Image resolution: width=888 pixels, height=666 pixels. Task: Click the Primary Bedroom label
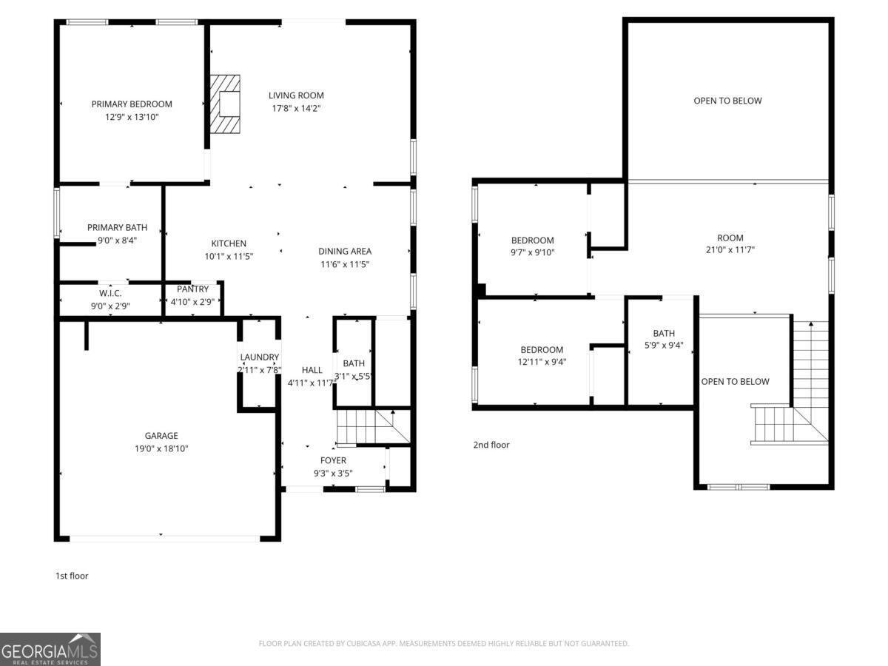pos(132,104)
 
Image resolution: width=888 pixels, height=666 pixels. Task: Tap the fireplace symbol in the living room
pos(225,104)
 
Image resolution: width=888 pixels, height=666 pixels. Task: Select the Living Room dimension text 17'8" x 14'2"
pos(296,108)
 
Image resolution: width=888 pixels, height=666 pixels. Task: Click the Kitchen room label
pos(229,243)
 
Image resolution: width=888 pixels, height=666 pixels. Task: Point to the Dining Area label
pos(345,251)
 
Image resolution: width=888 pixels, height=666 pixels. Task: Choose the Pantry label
pos(192,289)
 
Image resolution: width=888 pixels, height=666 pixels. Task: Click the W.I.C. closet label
pos(110,294)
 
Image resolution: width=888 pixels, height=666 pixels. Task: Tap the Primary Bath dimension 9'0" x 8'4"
pos(117,240)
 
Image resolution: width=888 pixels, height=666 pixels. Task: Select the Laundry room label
pos(259,357)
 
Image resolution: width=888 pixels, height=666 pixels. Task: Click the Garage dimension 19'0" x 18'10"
pos(161,448)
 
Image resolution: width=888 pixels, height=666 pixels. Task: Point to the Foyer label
pos(333,460)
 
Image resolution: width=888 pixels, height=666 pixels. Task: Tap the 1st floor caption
pos(72,576)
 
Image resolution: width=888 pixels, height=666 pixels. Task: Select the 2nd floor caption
pos(491,445)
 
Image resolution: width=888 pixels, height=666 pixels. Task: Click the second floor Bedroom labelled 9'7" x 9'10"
pos(533,240)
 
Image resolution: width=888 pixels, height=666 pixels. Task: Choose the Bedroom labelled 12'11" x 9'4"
pos(542,350)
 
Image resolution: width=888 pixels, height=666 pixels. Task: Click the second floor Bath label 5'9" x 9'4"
pos(664,334)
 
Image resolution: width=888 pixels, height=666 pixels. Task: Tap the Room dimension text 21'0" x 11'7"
pos(730,249)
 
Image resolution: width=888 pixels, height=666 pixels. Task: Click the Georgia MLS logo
pos(50,649)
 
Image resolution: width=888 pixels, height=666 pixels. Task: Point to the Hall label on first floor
pos(312,370)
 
